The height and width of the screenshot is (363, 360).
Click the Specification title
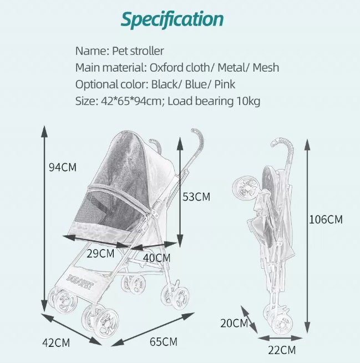(x=172, y=19)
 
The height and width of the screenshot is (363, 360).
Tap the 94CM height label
(x=63, y=167)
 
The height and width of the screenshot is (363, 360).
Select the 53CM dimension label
(x=196, y=197)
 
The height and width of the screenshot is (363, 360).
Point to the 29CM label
(x=100, y=254)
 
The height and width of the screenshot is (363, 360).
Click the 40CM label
(x=156, y=258)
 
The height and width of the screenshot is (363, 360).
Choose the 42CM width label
(x=56, y=342)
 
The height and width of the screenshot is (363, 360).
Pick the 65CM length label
(x=163, y=342)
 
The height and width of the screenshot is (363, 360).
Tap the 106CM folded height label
(x=326, y=219)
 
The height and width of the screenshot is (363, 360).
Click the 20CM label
(x=234, y=323)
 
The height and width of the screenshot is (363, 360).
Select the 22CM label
(x=282, y=350)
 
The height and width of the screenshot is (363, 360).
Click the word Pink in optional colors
(x=225, y=84)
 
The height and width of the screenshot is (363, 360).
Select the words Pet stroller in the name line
(x=138, y=51)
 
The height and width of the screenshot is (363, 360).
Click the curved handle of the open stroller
(x=199, y=139)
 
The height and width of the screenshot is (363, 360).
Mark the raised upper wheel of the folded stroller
(x=246, y=187)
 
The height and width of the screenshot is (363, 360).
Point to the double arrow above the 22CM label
(x=281, y=338)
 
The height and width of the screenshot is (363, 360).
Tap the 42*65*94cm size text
(x=131, y=101)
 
